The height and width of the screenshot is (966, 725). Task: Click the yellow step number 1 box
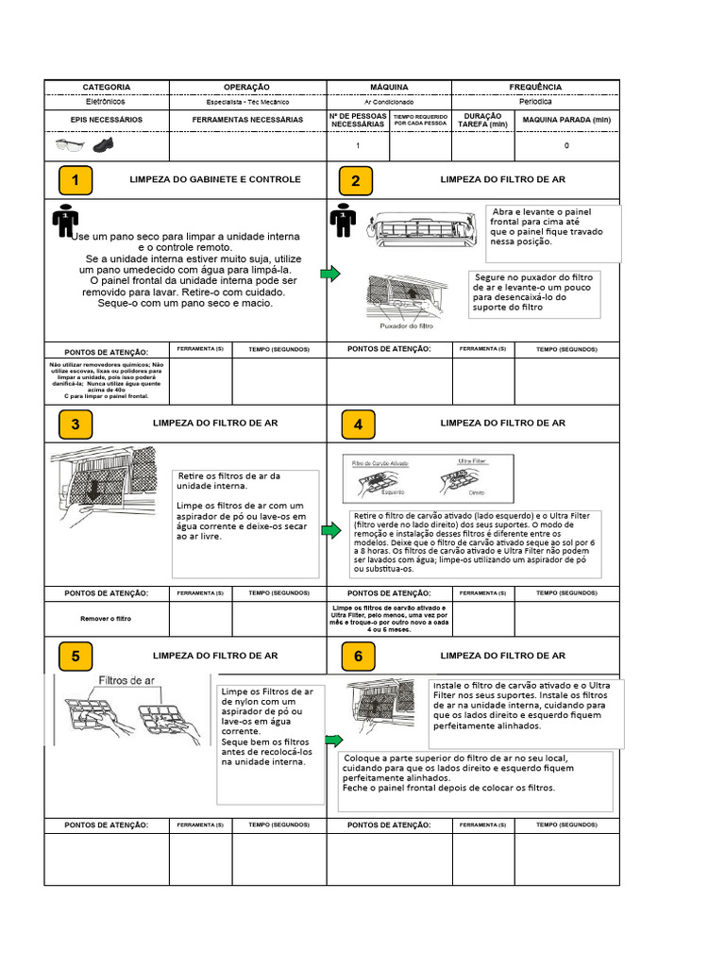pyautogui.click(x=76, y=180)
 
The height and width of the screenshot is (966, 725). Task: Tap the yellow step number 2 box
pyautogui.click(x=356, y=180)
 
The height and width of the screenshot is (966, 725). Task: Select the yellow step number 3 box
pyautogui.click(x=76, y=425)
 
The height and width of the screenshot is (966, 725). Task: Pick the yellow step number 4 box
pyautogui.click(x=358, y=425)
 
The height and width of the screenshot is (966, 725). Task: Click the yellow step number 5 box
pyautogui.click(x=76, y=656)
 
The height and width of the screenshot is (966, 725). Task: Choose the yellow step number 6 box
pyautogui.click(x=358, y=656)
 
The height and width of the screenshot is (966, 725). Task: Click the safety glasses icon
pyautogui.click(x=70, y=145)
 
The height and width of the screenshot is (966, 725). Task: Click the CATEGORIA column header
pyautogui.click(x=107, y=87)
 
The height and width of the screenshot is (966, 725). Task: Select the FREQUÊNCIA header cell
pyautogui.click(x=535, y=87)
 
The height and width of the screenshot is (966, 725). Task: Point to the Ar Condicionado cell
pyautogui.click(x=389, y=101)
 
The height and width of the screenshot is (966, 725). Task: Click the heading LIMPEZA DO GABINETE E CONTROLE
pyautogui.click(x=215, y=179)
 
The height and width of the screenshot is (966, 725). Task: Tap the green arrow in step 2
pyautogui.click(x=329, y=274)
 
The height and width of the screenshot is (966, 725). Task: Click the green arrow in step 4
pyautogui.click(x=330, y=531)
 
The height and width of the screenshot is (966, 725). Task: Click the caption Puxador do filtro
pyautogui.click(x=406, y=326)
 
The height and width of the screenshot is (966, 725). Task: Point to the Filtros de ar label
pyautogui.click(x=127, y=680)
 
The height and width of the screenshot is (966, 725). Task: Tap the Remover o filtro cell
pyautogui.click(x=106, y=618)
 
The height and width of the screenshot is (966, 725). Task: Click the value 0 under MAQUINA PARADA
pyautogui.click(x=566, y=146)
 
